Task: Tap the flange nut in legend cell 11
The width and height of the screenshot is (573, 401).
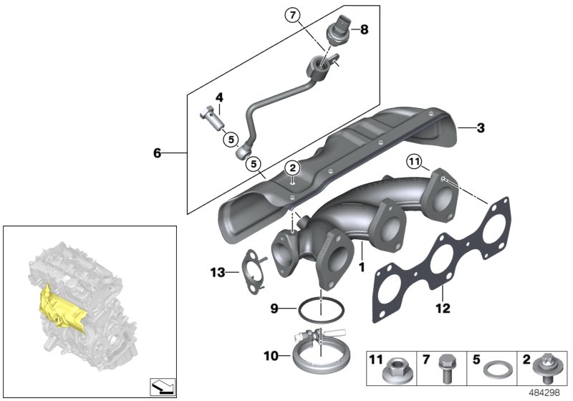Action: click(x=396, y=373)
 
